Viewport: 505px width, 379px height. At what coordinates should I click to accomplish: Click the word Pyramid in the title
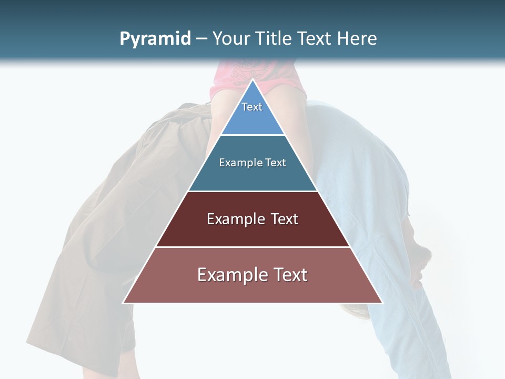coord(155,39)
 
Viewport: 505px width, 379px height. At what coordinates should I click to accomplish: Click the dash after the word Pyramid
coord(201,39)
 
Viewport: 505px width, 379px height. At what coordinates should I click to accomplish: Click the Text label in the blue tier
coord(252,107)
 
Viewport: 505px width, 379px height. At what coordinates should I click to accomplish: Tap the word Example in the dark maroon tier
coord(231,219)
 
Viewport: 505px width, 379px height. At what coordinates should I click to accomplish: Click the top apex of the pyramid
coord(252,80)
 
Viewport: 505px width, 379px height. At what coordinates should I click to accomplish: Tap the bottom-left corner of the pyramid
coord(124,303)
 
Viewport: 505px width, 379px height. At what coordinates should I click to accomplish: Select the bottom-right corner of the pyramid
coord(382,303)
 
